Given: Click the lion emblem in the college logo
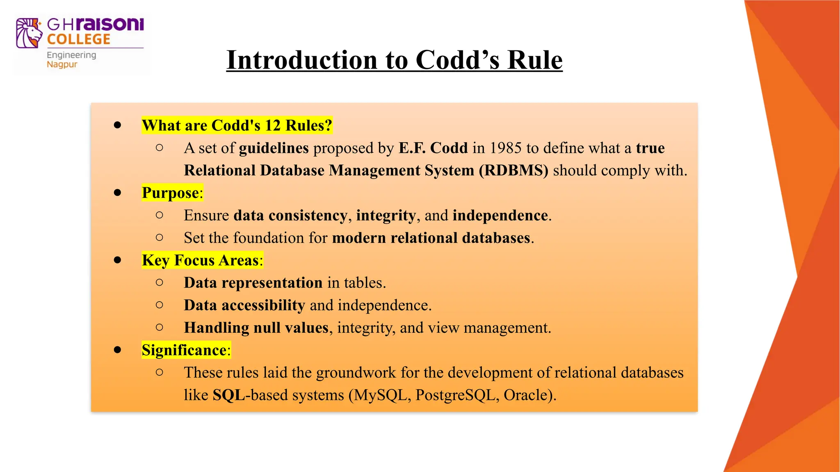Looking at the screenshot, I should pos(29,33).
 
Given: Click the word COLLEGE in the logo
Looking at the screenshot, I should pos(78,39).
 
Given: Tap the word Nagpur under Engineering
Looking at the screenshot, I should pos(62,65).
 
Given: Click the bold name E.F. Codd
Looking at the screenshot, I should pos(433,148).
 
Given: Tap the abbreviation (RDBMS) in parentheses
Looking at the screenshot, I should pos(514,170).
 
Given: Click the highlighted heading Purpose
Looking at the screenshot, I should pos(170,193).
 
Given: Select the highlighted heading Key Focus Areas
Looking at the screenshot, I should pos(200,260).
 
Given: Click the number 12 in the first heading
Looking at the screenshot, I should pos(272,125).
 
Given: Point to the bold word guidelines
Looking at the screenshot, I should pos(274,148).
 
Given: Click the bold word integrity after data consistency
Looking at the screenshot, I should pos(386,216).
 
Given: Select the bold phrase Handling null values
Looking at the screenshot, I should pos(256,328).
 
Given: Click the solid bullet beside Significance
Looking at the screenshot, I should pos(118,350).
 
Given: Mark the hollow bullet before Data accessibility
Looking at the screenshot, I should pos(160,305).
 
